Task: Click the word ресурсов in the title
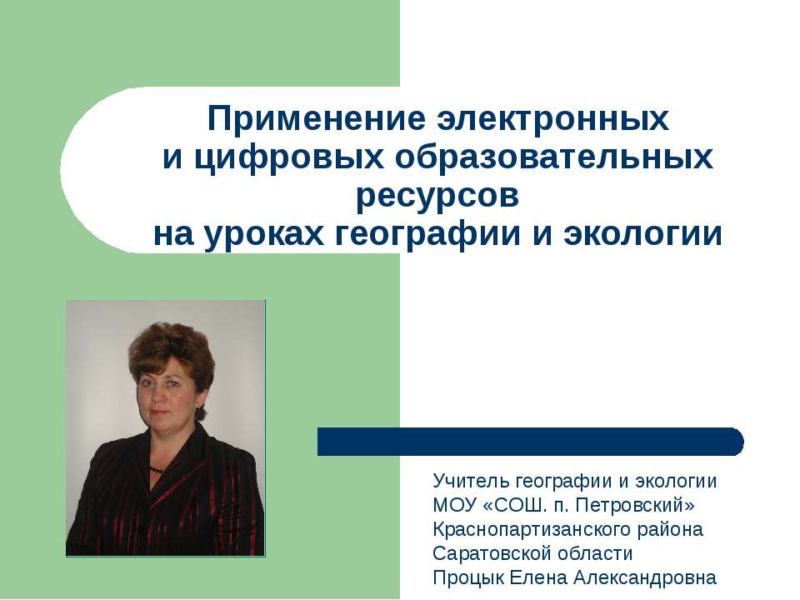point(437,197)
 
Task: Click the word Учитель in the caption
point(471,482)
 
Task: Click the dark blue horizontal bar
point(530,442)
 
